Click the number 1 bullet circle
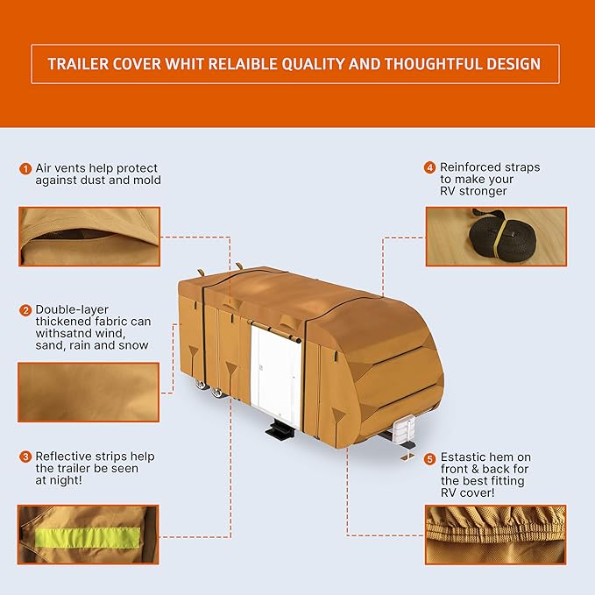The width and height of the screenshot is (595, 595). point(26,168)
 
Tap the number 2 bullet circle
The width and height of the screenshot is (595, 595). point(26,310)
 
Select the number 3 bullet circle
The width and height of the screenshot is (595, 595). point(26,457)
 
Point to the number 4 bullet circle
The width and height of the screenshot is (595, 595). point(430,167)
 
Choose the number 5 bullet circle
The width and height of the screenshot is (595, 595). point(430,458)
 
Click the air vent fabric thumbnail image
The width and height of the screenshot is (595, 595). point(89,236)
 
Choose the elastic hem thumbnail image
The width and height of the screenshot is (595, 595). point(495,534)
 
